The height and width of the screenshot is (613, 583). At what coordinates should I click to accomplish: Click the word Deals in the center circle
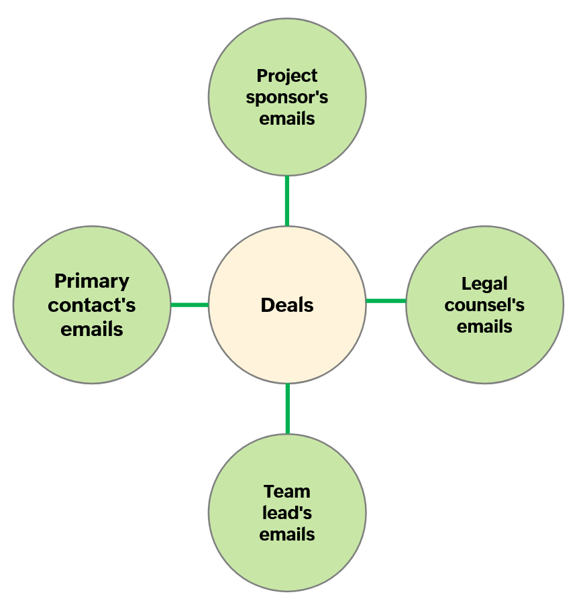[x=287, y=305]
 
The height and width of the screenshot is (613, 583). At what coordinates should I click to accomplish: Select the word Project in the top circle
[x=287, y=75]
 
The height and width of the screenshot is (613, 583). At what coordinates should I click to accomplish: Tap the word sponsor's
[x=287, y=97]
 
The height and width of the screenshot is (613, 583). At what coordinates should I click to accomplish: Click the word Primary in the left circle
[x=92, y=281]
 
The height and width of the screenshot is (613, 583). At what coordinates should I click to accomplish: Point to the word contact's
[x=92, y=305]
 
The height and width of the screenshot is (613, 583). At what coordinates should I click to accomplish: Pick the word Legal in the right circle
[x=484, y=284]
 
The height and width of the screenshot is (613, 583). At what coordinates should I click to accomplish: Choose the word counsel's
[x=484, y=305]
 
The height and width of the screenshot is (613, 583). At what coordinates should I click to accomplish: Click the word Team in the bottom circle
[x=287, y=491]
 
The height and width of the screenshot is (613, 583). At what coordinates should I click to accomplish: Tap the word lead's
[x=287, y=513]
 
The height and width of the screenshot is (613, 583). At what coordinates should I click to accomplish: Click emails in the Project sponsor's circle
[x=287, y=119]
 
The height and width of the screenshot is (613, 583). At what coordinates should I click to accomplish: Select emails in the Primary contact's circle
[x=92, y=329]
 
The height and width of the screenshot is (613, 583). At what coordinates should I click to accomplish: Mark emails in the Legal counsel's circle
[x=484, y=327]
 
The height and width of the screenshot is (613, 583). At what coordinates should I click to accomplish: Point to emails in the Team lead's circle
[x=287, y=535]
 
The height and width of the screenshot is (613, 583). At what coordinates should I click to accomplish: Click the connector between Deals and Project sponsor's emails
[x=287, y=201]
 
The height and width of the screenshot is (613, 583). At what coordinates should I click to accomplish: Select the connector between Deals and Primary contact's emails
[x=189, y=305]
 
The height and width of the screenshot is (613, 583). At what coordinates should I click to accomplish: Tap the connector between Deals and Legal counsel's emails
[x=386, y=301]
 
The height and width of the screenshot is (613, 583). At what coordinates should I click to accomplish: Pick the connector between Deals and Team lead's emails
[x=287, y=408]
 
